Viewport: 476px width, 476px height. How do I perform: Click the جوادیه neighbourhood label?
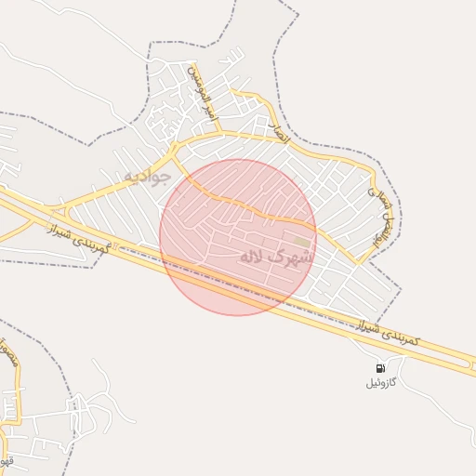tap(146, 176)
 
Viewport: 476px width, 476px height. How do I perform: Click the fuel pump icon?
tap(380, 369)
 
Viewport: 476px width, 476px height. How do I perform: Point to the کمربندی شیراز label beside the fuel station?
tap(390, 332)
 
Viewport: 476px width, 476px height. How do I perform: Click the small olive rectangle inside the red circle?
tap(302, 242)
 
